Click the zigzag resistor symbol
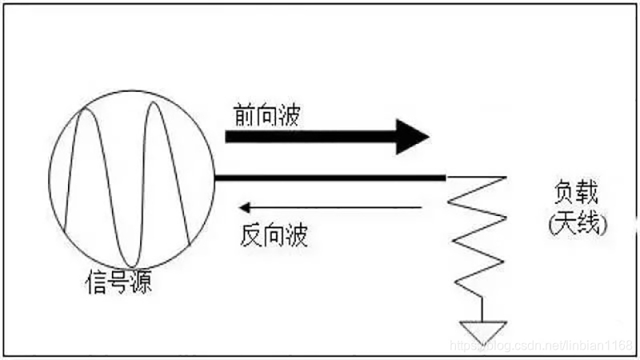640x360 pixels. (x=478, y=236)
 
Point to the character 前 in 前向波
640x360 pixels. (x=242, y=114)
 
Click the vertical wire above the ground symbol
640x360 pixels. (x=482, y=308)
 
